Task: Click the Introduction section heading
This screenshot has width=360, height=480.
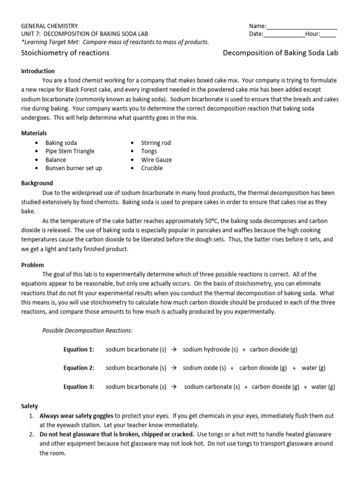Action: pos(38,71)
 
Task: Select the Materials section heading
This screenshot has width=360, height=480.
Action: pos(34,133)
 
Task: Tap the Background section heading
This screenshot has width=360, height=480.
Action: pos(37,183)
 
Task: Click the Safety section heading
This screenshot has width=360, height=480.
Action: pos(30,406)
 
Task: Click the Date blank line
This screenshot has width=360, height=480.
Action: pos(284,34)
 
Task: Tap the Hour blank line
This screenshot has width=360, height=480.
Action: pos(328,34)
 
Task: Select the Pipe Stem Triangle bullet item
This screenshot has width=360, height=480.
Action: pos(70,151)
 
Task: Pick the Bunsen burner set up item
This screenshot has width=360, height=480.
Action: pos(74,168)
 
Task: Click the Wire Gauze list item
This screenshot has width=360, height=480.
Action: pos(157,159)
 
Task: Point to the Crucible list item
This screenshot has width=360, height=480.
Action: pos(152,168)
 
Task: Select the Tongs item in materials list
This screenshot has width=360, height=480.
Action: pos(149,151)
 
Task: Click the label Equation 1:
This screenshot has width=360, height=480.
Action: pos(79,349)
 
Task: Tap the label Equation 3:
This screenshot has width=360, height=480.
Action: pos(79,387)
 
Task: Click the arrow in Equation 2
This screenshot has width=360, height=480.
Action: pos(172,368)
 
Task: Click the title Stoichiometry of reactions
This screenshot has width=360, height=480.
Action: pos(66,53)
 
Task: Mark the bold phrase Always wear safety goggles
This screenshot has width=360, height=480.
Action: pos(76,415)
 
